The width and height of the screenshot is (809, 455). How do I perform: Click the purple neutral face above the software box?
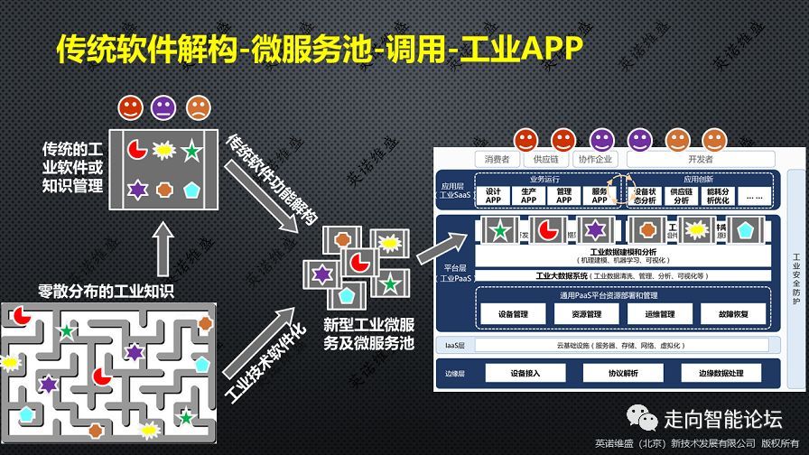pos(164,109)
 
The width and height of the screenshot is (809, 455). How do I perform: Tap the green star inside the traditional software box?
pos(191,151)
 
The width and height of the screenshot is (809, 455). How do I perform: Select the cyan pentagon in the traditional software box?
pos(191,190)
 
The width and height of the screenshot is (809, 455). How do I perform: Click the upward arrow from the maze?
pos(163,248)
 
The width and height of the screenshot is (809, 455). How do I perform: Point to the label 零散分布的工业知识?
pos(106,291)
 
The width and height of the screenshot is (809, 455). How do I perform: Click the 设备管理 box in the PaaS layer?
pos(512,315)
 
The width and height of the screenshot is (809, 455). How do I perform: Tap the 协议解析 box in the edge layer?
pos(610,373)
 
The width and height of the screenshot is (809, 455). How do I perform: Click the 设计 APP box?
pos(493,196)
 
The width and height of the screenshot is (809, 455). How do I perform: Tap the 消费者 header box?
pos(497,160)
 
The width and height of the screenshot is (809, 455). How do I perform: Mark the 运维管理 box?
pos(660,315)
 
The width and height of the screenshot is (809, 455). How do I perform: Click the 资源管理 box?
pos(587,315)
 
